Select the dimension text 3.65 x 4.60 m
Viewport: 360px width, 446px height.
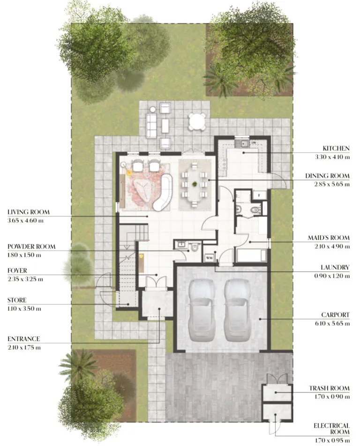point(26,220)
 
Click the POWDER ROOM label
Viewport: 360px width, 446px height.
point(31,246)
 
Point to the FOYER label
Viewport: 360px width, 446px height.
point(17,271)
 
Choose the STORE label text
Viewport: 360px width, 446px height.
point(17,300)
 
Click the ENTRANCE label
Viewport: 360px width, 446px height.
point(23,339)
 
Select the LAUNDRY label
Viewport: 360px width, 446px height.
point(334,268)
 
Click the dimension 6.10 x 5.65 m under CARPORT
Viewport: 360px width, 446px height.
point(332,323)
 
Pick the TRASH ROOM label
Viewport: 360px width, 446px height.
point(329,388)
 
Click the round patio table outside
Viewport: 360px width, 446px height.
point(197,122)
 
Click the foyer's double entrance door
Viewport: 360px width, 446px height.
point(155,282)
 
